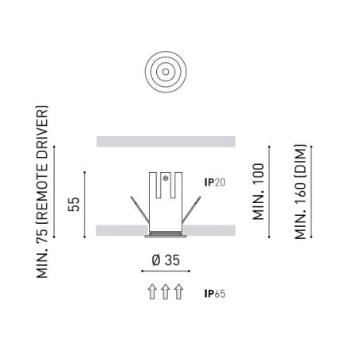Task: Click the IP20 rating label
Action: tap(214, 182)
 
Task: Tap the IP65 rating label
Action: tap(214, 294)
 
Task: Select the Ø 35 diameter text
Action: tap(166, 260)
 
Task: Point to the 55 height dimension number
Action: tap(74, 204)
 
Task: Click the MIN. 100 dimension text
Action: tap(258, 192)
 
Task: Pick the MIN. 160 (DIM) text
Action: tap(300, 192)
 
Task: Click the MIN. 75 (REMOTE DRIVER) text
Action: tap(42, 192)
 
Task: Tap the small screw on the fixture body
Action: tap(166, 178)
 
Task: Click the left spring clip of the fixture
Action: tap(139, 209)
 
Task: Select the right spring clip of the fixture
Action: tap(191, 209)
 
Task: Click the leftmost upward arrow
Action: tap(152, 292)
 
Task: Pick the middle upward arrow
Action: tap(166, 292)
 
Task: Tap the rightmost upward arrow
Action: tap(179, 292)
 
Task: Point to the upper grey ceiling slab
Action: tap(166, 142)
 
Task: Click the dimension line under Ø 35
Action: tap(166, 271)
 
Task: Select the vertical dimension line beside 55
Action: tap(84, 205)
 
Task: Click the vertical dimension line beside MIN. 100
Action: tap(269, 192)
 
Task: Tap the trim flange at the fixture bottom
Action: tap(166, 237)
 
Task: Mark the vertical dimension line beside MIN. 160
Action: tap(311, 192)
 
